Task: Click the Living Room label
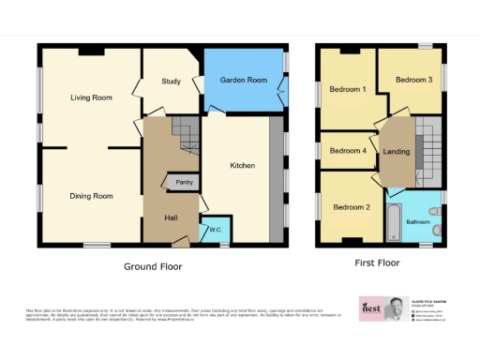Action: [91, 97]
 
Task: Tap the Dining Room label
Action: [91, 196]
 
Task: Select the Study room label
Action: [171, 82]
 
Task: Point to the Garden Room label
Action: [244, 81]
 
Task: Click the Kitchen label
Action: [243, 166]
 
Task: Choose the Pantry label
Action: [184, 182]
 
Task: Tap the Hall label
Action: [172, 217]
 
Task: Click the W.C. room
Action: [215, 230]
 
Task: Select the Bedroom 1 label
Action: [347, 90]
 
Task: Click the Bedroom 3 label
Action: [412, 81]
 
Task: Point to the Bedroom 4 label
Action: [349, 151]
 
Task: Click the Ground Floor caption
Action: [153, 266]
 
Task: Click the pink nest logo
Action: [371, 308]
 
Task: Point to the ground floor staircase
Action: [188, 138]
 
